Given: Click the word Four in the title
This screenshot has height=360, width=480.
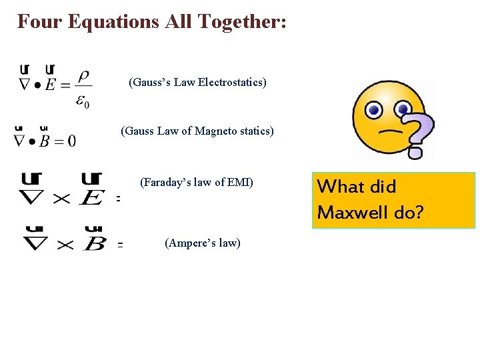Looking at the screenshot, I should coord(36,21).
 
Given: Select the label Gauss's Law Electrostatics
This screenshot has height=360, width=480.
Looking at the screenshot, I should coord(197,83).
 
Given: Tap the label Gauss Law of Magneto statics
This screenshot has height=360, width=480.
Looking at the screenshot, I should coord(197,131).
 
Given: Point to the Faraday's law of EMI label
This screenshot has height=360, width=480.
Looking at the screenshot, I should coord(197,181).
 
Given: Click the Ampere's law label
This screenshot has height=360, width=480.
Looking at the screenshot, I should coord(202,243).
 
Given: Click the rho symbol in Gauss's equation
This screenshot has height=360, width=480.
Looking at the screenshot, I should coord(83,77).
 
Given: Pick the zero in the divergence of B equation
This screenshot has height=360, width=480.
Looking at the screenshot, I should coord(71,141).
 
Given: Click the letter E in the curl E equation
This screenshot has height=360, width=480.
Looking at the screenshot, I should coord(91,197).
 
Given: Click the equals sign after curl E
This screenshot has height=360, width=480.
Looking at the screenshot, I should coord(118,199).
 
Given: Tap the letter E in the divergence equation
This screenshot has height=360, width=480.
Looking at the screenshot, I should coord(50,87).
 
